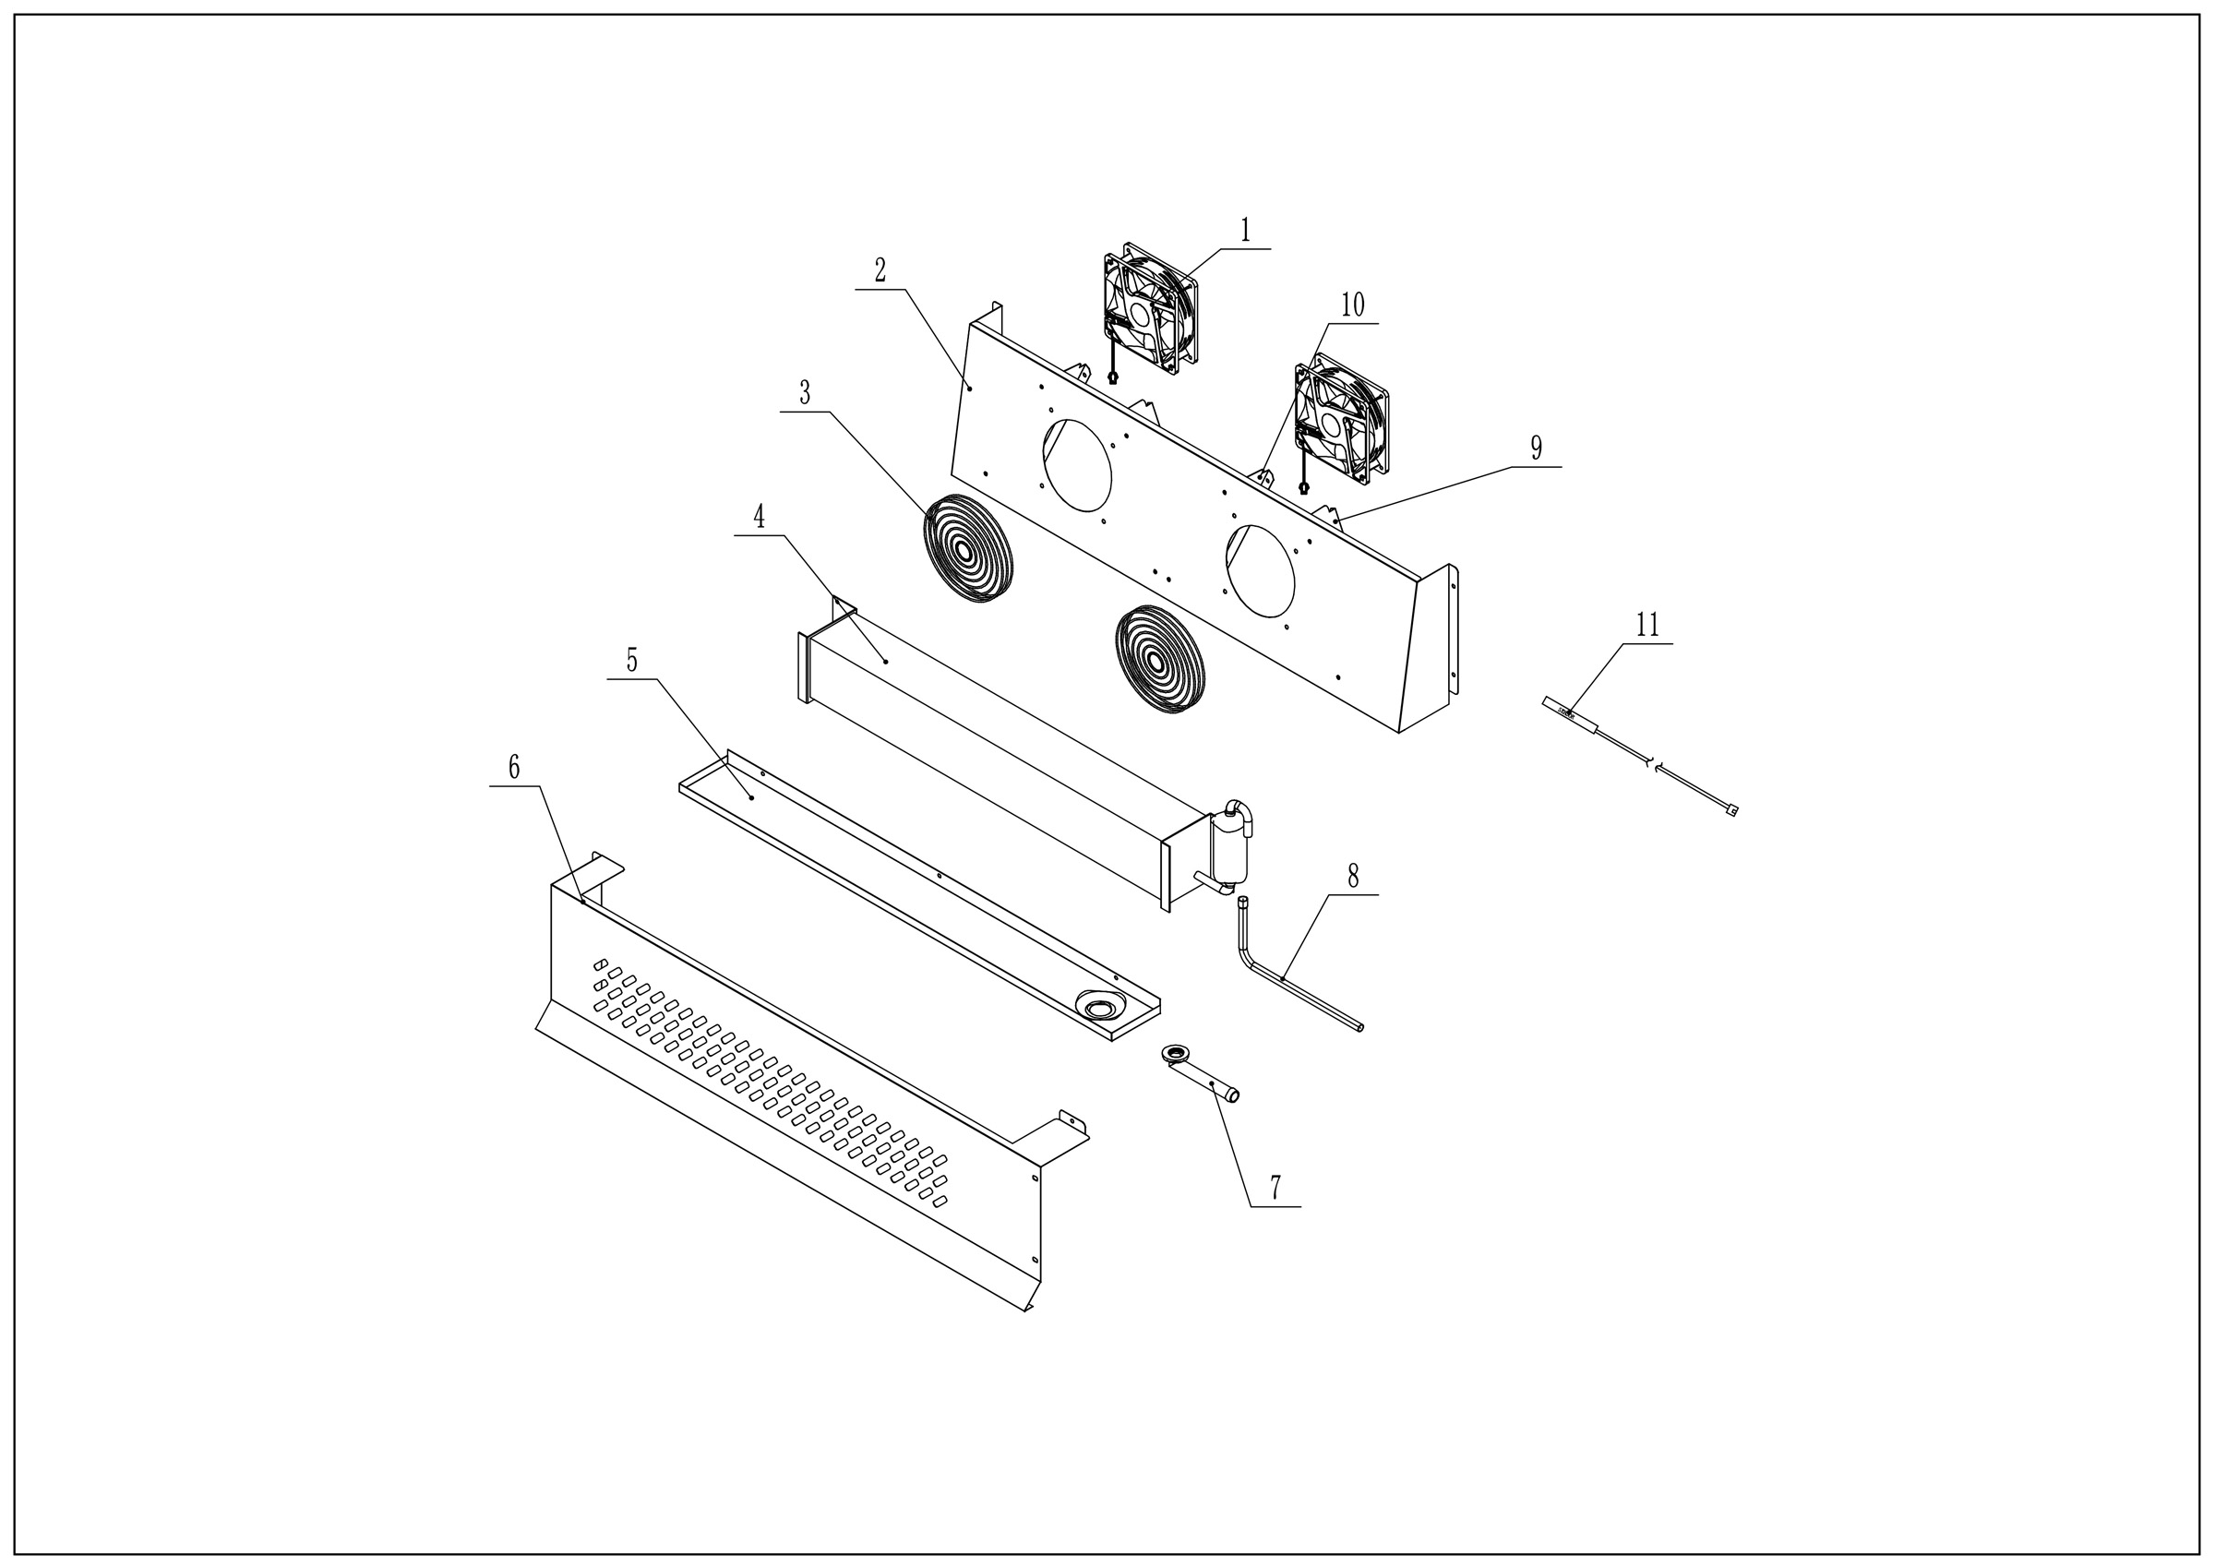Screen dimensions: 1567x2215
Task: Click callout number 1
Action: tap(1244, 231)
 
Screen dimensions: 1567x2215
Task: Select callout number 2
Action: tap(880, 271)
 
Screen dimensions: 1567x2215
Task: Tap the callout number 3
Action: tap(805, 394)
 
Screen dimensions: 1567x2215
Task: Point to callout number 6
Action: tap(514, 768)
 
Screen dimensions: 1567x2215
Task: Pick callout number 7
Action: tap(1275, 1188)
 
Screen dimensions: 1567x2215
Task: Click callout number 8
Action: tap(1353, 876)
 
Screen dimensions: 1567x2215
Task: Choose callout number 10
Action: tap(1353, 305)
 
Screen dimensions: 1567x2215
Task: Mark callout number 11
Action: tap(1646, 626)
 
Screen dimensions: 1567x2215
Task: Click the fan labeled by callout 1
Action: tap(1150, 309)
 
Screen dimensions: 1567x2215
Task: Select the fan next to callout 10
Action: tap(1341, 419)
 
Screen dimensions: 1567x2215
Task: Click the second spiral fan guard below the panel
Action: tap(1159, 659)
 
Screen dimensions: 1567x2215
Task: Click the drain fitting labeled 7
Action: tap(1202, 1077)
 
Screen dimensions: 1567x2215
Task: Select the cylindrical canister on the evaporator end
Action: tap(1231, 849)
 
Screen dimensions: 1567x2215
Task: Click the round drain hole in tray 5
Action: tap(1099, 1009)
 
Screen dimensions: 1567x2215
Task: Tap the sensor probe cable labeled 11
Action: tap(1640, 757)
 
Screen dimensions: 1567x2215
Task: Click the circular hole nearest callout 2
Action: tap(1077, 465)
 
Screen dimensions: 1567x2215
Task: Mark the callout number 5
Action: tap(632, 661)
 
